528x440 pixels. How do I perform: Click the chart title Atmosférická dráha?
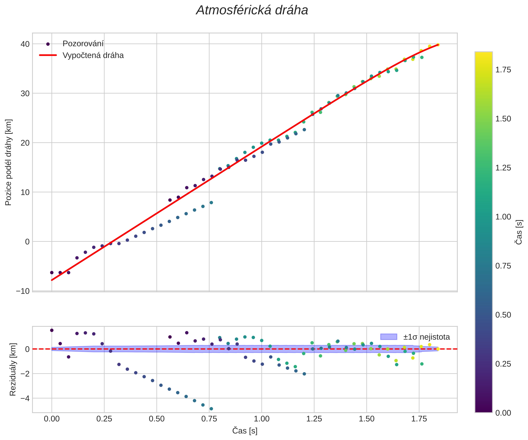(x=252, y=11)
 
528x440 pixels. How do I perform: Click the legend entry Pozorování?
(x=83, y=44)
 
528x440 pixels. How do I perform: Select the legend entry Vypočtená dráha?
(x=93, y=55)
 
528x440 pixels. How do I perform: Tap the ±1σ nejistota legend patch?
(x=389, y=337)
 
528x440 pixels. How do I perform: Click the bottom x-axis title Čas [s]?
(x=245, y=430)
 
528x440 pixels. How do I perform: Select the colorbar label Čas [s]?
(x=519, y=232)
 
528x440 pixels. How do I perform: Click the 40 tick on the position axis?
(x=25, y=44)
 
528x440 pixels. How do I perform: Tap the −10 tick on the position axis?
(x=23, y=291)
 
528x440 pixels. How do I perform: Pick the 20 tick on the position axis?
(x=25, y=143)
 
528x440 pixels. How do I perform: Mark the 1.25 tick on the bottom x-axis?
(x=314, y=419)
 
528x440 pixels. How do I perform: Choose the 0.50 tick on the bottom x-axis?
(x=157, y=419)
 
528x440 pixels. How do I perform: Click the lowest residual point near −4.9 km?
(x=211, y=409)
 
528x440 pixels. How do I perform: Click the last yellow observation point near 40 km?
(x=438, y=45)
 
